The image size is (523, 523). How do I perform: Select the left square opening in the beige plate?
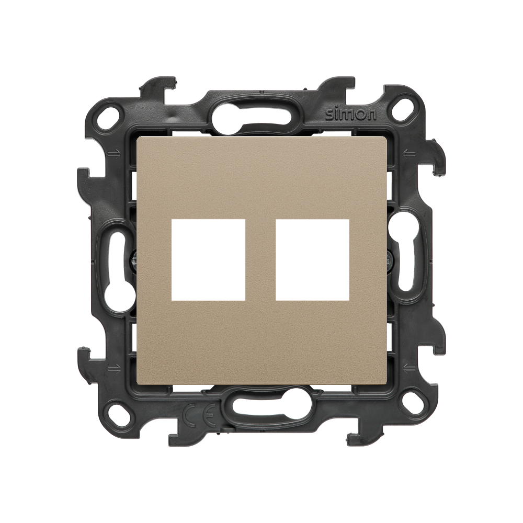208,260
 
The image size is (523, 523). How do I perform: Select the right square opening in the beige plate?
313,260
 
